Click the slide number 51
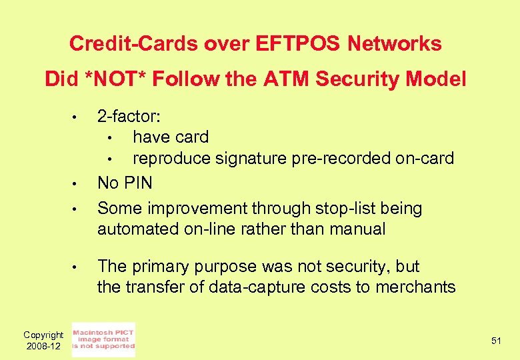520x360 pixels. click(x=496, y=341)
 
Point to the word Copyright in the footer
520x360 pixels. click(x=43, y=335)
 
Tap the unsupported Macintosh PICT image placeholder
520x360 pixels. click(x=103, y=340)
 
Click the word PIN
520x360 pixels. click(x=137, y=183)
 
